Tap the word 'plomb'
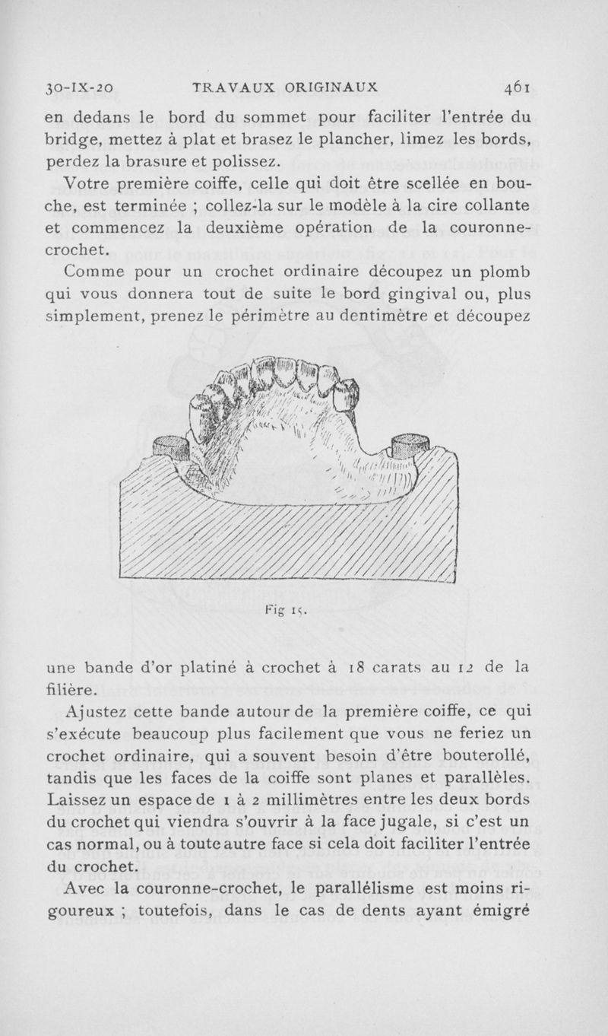[x=505, y=272]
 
